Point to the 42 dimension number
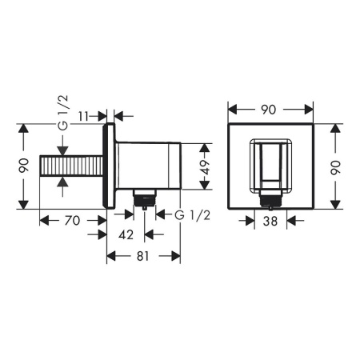point(125,234)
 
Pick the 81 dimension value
point(144,257)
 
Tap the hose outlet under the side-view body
point(144,197)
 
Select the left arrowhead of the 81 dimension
point(111,257)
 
